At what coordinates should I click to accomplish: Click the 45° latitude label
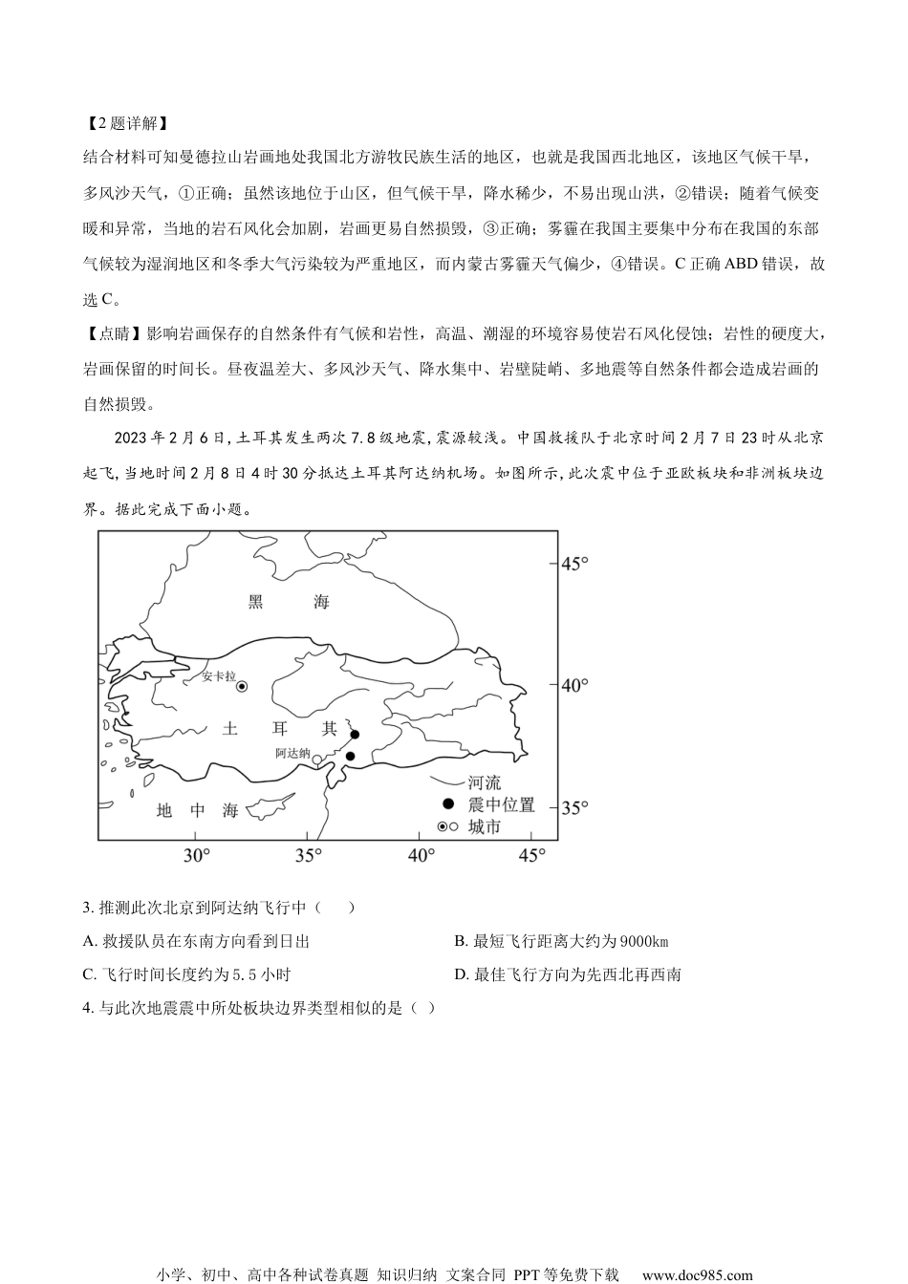(574, 564)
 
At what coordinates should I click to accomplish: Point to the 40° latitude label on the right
(574, 685)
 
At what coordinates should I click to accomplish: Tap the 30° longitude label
(196, 855)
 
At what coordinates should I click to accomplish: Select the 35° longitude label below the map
(308, 855)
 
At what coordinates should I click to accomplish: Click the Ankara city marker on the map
(242, 686)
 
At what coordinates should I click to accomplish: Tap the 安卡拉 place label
(218, 675)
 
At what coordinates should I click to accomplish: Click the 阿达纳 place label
(292, 753)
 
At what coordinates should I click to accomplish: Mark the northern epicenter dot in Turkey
(355, 735)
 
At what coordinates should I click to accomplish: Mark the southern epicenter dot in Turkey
(350, 757)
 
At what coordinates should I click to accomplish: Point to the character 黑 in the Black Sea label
(255, 602)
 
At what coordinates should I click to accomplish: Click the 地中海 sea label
(197, 810)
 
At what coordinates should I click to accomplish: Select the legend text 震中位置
(501, 805)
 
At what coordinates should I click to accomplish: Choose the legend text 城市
(485, 827)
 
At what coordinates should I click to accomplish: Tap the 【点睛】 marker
(113, 333)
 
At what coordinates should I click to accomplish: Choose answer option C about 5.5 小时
(186, 974)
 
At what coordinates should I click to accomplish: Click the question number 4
(88, 1007)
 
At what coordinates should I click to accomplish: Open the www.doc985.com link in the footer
(697, 1274)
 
